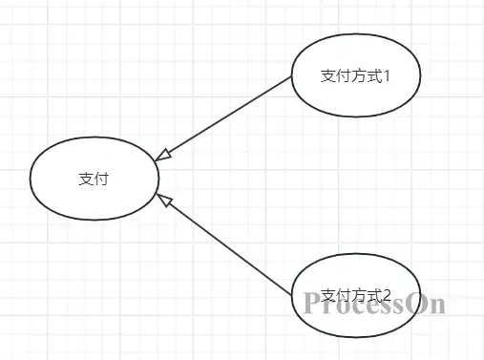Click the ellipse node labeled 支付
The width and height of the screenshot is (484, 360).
tap(94, 179)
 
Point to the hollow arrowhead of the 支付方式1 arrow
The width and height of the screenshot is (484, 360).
tap(162, 154)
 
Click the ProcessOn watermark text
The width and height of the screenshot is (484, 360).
tap(375, 304)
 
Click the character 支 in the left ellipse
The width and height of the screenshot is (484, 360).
tap(86, 179)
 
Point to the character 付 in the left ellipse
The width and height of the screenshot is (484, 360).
tap(100, 179)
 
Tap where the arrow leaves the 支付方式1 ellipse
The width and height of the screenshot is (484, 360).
tap(291, 79)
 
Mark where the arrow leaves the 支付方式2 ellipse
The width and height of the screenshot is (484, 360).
tap(291, 292)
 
